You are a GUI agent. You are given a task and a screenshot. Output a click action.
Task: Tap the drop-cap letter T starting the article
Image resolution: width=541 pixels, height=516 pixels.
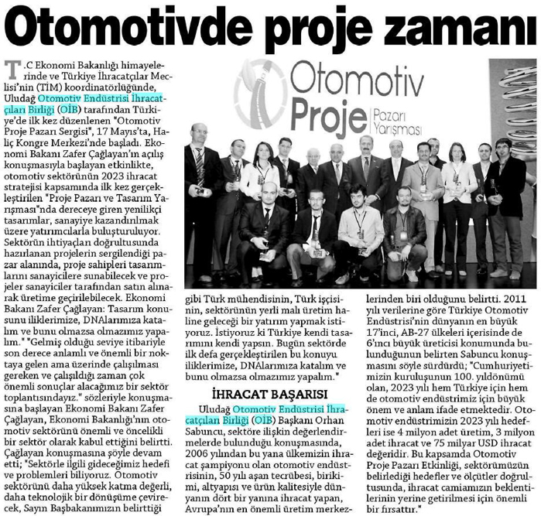coord(10,72)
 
